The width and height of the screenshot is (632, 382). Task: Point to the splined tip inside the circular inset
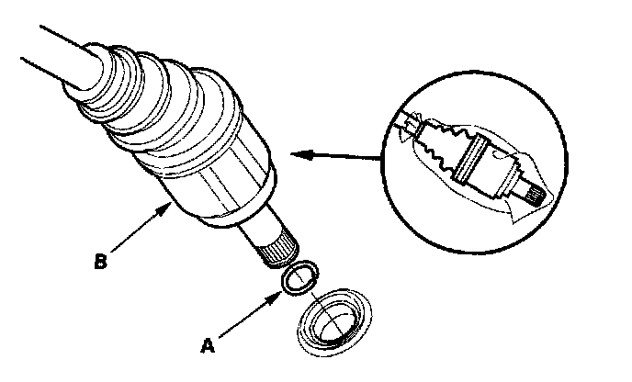point(531,191)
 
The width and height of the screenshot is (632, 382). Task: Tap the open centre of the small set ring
point(299,278)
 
